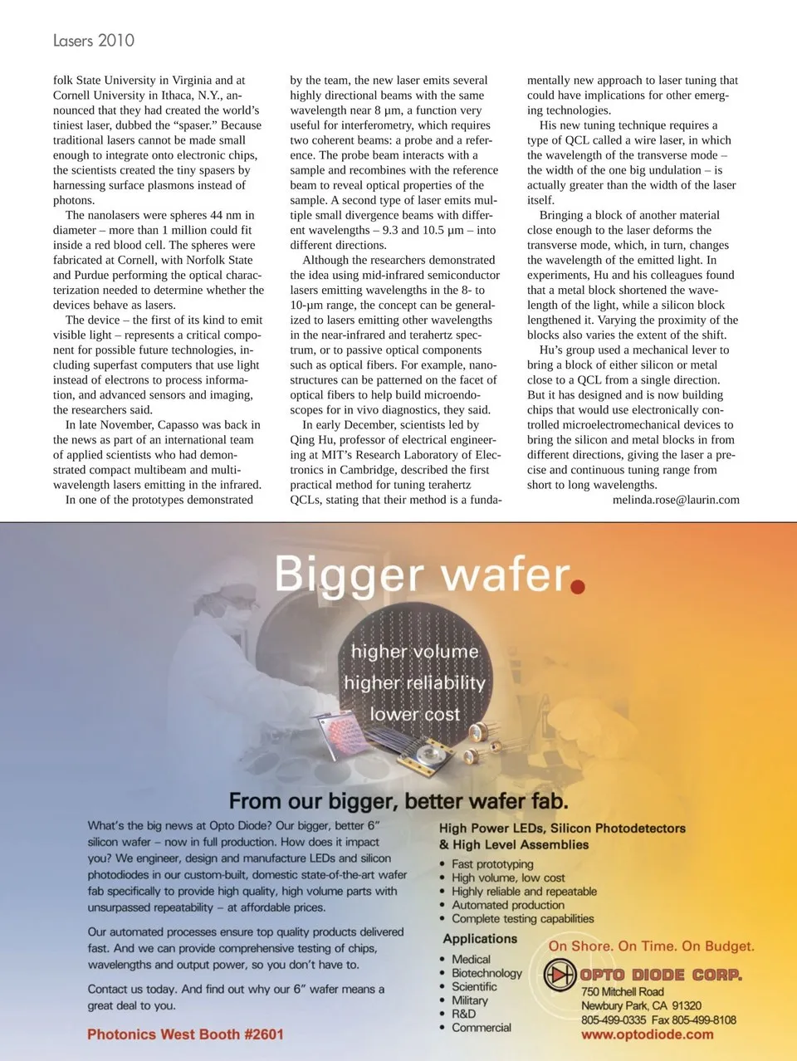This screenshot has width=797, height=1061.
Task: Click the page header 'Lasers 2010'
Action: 93,40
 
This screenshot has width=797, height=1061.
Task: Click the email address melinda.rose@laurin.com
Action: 676,500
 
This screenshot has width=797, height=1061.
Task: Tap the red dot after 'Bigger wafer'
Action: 578,587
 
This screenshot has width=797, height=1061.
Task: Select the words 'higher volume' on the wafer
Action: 414,652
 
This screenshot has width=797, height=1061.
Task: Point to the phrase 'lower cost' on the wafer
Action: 414,714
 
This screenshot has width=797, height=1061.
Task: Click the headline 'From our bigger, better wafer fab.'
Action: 398,801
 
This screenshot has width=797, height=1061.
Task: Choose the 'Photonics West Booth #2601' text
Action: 185,1034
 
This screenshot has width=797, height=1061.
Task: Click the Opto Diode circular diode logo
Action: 560,975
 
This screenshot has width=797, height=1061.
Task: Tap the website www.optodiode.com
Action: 647,1034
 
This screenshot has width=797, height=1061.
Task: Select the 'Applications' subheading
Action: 480,939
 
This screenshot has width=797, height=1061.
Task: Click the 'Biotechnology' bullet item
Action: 487,973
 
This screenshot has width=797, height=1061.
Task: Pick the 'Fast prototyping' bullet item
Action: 492,864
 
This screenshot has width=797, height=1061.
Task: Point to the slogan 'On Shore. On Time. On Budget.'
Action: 652,946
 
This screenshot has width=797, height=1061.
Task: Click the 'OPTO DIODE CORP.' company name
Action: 661,975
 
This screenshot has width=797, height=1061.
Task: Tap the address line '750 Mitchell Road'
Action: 622,991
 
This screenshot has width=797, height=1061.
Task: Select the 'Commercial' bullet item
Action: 482,1028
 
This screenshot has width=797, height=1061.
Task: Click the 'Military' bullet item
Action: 470,1000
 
